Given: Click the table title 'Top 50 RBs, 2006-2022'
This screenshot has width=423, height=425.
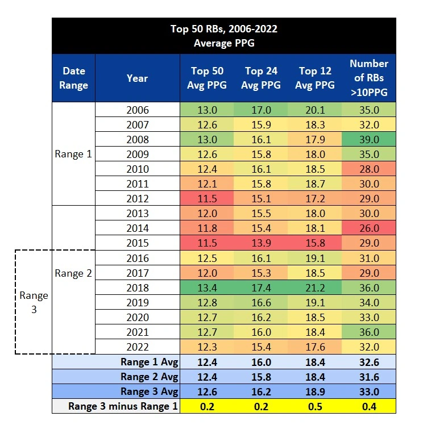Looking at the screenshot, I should (x=223, y=29).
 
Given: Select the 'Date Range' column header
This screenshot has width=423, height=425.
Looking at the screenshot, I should (x=74, y=78).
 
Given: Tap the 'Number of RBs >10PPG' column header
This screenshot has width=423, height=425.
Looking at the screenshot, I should (x=368, y=78).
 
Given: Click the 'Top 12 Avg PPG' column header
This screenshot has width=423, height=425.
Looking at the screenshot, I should (x=316, y=78).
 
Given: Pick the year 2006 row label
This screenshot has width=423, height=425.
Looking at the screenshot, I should (x=138, y=110).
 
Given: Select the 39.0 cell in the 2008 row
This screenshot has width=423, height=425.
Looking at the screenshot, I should (x=368, y=140).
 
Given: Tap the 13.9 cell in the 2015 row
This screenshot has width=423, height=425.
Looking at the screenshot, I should (x=262, y=243).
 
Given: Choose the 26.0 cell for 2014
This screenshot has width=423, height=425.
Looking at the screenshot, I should (x=368, y=228).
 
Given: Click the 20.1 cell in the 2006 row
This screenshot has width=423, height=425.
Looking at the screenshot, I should (x=316, y=110).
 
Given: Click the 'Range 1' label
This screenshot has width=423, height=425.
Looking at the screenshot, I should (x=73, y=154).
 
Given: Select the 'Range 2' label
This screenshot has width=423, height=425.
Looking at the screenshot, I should (x=73, y=273).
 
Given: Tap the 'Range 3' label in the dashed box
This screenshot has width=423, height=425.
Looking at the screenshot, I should (x=34, y=302).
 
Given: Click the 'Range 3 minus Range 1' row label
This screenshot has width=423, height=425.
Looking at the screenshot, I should (x=123, y=406).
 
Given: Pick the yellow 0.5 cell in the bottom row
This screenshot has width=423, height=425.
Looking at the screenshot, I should (x=316, y=406).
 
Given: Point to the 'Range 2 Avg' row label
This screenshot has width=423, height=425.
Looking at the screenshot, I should (x=149, y=377).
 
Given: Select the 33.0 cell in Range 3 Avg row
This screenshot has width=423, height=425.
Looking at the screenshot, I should (x=368, y=391).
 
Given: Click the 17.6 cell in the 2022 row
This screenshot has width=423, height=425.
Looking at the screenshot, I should (x=316, y=347).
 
